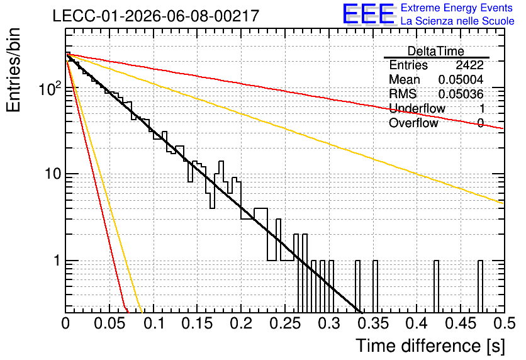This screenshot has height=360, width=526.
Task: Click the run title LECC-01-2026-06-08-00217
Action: pyautogui.click(x=156, y=16)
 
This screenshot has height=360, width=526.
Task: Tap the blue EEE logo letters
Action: pyautogui.click(x=368, y=14)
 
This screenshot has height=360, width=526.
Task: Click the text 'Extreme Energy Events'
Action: pyautogui.click(x=457, y=8)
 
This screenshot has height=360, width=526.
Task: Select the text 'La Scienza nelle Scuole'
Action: pyautogui.click(x=457, y=21)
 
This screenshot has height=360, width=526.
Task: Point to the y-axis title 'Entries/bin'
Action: pyautogui.click(x=13, y=70)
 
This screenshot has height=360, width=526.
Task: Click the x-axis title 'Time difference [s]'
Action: pyautogui.click(x=430, y=346)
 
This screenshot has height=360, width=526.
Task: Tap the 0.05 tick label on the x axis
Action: pyautogui.click(x=109, y=323)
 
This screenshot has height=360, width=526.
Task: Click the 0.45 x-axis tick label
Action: pyautogui.click(x=461, y=323)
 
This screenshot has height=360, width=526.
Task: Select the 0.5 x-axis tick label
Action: pyautogui.click(x=504, y=323)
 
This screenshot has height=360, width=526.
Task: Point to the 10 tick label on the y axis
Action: pyautogui.click(x=52, y=174)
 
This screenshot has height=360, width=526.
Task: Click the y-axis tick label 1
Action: pyautogui.click(x=57, y=261)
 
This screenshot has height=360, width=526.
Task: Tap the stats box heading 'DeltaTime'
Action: pyautogui.click(x=436, y=51)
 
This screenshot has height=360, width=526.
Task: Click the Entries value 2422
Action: pyautogui.click(x=469, y=65)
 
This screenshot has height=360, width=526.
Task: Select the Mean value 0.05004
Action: pyautogui.click(x=461, y=79)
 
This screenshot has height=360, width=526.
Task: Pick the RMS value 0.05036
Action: pyautogui.click(x=461, y=94)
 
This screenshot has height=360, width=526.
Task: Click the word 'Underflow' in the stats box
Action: pyautogui.click(x=417, y=108)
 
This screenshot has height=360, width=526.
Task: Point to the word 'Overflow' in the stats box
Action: pyautogui.click(x=413, y=123)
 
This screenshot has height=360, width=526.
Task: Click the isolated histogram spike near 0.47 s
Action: pyautogui.click(x=480, y=286)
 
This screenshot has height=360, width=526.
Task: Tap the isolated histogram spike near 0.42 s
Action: pyautogui.click(x=436, y=286)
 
